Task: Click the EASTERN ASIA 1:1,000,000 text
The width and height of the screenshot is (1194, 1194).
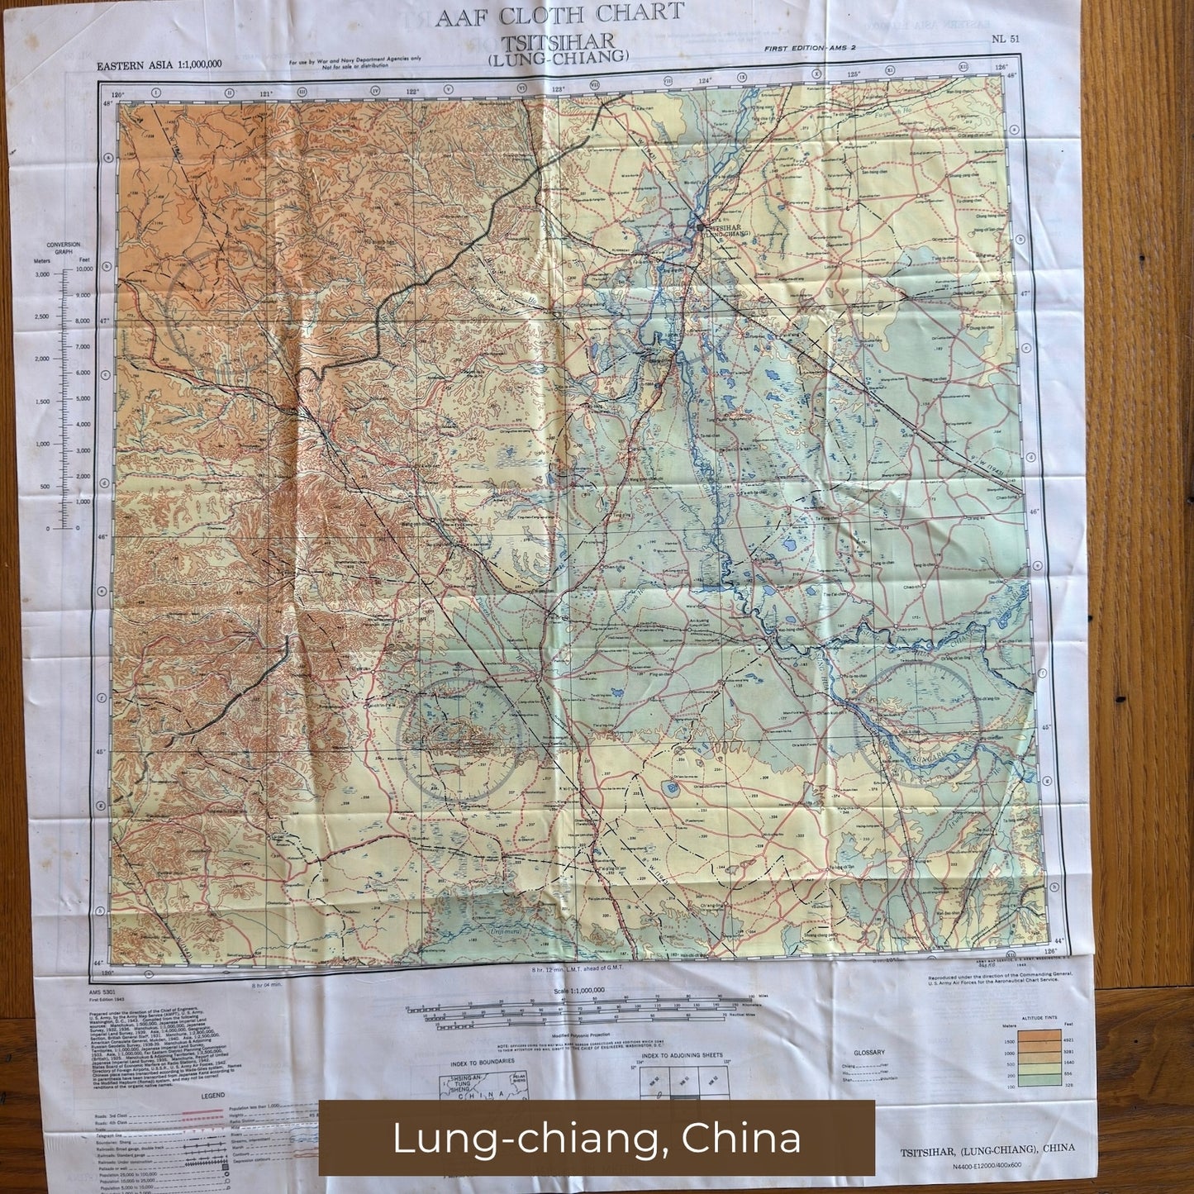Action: click(x=159, y=65)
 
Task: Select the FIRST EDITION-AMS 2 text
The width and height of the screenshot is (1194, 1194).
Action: click(x=809, y=48)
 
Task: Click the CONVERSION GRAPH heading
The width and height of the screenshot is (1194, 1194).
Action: click(x=64, y=247)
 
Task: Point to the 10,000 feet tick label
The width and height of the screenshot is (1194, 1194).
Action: click(x=83, y=269)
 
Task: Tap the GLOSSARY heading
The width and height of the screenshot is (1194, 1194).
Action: click(x=869, y=1053)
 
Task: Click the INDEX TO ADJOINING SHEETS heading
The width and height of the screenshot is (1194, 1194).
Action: click(x=683, y=1055)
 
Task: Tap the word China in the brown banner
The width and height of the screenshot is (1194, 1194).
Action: click(x=754, y=1138)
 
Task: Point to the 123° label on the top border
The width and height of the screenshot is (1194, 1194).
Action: click(x=558, y=88)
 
